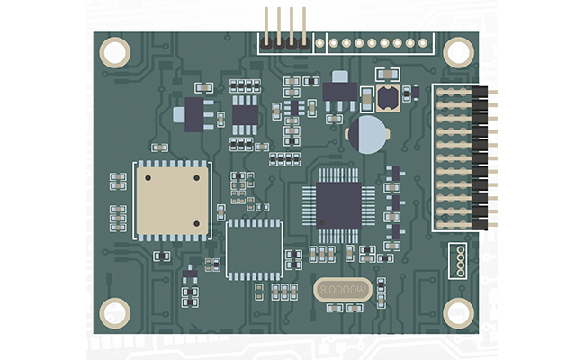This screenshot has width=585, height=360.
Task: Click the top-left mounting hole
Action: pos(115,52)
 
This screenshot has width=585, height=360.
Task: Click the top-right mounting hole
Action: pos(458,52)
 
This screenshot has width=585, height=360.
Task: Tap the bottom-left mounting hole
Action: pos(115,313)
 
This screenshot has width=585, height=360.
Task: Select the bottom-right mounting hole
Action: pos(458,313)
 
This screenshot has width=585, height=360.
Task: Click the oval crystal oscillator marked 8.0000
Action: pos(343,290)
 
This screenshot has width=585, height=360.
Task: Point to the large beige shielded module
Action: pos(173,201)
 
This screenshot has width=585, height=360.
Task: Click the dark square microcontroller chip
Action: pos(338,205)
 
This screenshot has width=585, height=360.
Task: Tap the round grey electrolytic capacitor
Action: pos(368,135)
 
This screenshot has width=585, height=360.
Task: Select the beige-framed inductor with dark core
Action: pos(388,98)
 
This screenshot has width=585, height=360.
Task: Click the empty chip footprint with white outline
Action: pos(254,249)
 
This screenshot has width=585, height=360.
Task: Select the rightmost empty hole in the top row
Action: pos(423,43)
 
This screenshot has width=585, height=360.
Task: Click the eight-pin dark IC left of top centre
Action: pos(245,115)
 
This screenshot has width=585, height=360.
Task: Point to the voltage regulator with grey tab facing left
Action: pos(193,114)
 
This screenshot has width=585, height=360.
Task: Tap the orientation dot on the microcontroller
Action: pos(321,222)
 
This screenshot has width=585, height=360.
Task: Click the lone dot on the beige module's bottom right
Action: pos(196,224)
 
